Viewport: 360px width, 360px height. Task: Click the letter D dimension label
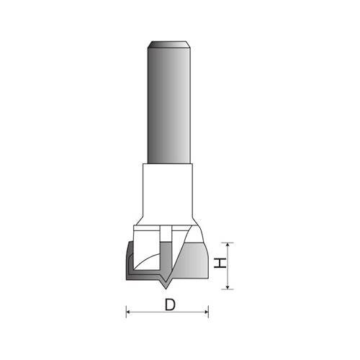pyautogui.click(x=170, y=304)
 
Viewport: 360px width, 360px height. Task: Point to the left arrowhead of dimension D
pyautogui.click(x=130, y=312)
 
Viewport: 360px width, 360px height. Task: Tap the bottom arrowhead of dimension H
pyautogui.click(x=228, y=286)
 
